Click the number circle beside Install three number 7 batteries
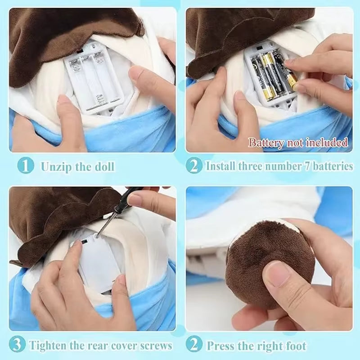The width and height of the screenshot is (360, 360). tap(194, 166)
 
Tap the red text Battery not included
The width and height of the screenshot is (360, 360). tap(298, 143)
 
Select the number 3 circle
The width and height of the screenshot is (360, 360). tap(17, 345)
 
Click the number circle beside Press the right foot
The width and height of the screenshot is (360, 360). tap(194, 345)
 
